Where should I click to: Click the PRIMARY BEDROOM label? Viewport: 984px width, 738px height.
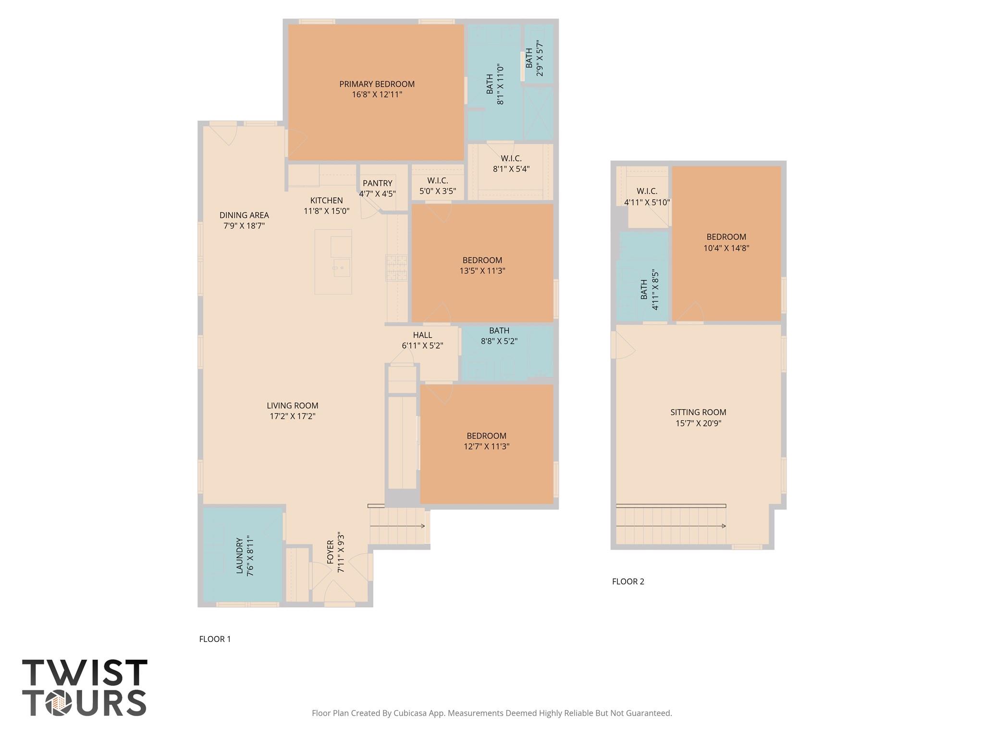pos(377,84)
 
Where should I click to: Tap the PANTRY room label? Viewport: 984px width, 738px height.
pos(377,183)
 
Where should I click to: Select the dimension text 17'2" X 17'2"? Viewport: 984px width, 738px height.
pos(292,416)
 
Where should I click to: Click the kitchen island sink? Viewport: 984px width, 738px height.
pos(342,268)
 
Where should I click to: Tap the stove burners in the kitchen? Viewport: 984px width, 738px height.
pos(396,268)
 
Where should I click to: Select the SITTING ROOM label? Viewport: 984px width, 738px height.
pos(698,412)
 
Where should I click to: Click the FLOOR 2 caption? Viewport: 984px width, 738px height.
pos(627,581)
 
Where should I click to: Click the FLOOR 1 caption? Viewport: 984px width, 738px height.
pos(215,639)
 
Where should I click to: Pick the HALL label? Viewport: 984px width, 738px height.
pos(422,335)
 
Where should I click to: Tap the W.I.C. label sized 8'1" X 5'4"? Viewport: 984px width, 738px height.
pos(511,159)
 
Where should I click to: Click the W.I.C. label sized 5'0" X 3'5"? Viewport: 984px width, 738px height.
pos(437,181)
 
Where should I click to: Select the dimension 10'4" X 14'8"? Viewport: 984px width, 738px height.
pos(726,248)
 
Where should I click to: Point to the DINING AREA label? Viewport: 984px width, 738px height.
pos(244,215)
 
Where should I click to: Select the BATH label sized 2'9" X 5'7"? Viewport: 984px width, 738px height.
pos(529,58)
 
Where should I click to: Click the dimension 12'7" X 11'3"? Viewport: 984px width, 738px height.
pos(486,446)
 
